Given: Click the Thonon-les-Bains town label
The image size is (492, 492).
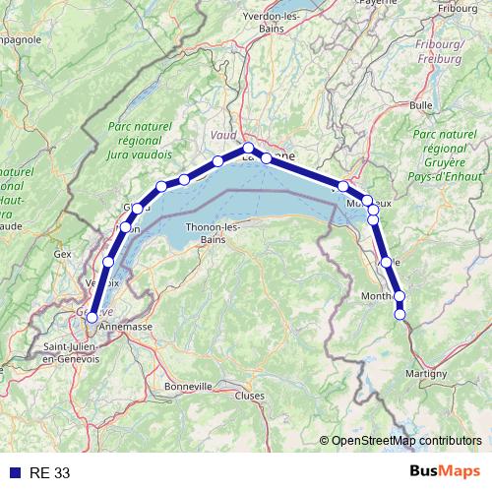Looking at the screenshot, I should pos(207,233).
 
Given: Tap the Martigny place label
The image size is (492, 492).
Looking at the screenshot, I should pos(425,373).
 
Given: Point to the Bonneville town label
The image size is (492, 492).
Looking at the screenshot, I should pos(188,386).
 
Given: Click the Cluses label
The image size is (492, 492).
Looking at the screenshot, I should pos(250,395).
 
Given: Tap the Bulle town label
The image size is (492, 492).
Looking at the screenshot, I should pos(421,104).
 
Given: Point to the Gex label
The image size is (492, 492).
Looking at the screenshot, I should pos(64,253).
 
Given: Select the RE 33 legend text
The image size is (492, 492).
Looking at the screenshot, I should pos(50,473).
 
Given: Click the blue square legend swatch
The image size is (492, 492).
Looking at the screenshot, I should pos(15,473).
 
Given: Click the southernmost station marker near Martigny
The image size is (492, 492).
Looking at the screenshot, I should pos(400,314).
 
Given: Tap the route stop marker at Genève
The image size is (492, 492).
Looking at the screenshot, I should pos(92,317).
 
